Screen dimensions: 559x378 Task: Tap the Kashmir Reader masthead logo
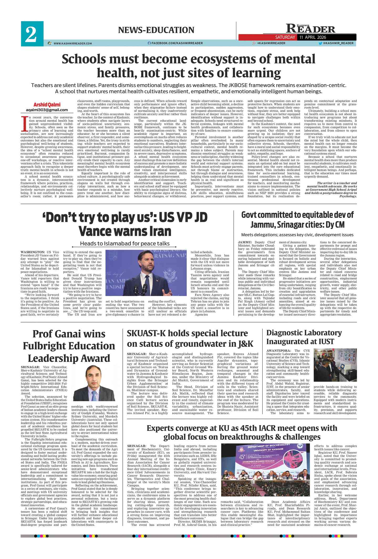point(310,29)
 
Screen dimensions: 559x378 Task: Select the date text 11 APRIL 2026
point(315,37)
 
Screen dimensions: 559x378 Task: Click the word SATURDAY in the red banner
point(285,37)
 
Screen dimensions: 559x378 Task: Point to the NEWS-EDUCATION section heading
point(156,30)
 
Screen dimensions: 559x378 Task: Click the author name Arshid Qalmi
point(47,105)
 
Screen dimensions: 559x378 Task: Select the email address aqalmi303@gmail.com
point(47,110)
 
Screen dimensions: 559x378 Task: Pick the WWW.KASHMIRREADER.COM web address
point(73,43)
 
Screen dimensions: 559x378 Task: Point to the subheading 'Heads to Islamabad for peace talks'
point(125,243)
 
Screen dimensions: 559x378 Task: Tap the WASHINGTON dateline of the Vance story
point(33,252)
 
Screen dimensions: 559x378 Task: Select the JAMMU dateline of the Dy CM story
point(245,242)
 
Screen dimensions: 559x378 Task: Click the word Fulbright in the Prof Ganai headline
point(47,346)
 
